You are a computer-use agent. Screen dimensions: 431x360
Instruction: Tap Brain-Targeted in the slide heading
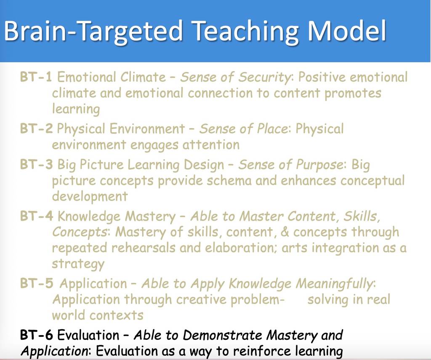pos(93,31)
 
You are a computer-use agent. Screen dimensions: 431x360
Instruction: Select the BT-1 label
pos(36,77)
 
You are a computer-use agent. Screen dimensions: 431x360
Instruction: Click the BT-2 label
pos(36,128)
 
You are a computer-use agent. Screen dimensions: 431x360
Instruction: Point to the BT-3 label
pos(36,164)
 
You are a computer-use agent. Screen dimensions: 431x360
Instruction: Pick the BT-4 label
pos(36,216)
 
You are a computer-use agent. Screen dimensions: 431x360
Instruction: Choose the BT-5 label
pos(37,283)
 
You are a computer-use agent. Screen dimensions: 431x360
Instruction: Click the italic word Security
pos(264,77)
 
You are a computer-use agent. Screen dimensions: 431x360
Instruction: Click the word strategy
pos(78,264)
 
